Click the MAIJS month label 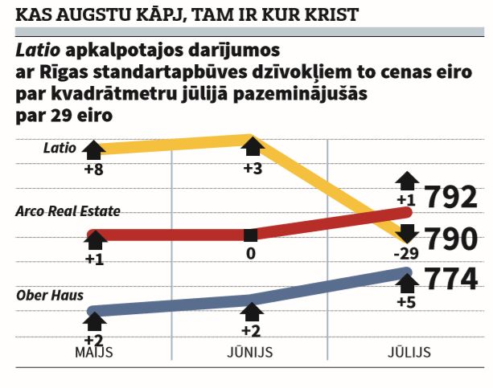pos(94,353)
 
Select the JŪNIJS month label pos(252,353)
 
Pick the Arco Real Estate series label pos(68,211)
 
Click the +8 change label pos(94,169)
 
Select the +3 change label pos(253,169)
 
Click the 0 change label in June pos(251,253)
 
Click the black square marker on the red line pos(251,235)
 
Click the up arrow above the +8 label pos(94,149)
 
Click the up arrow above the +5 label pos(408,282)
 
